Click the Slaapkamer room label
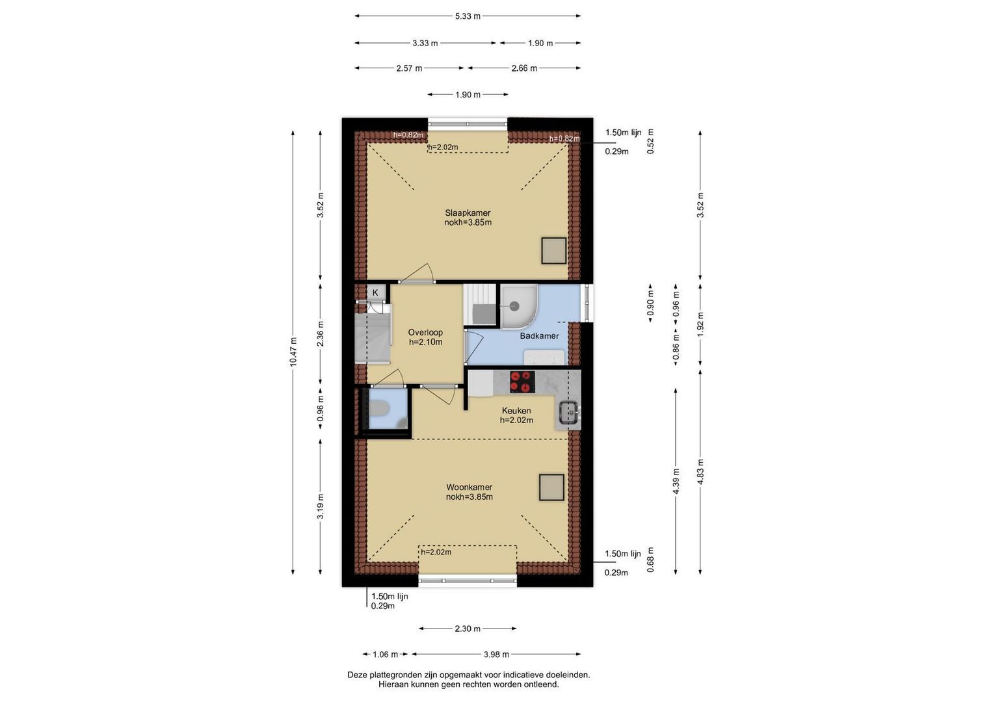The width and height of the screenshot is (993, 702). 468,213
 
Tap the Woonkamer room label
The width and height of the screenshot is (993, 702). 469,487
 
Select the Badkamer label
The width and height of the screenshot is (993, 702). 539,336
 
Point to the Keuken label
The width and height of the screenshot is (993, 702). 516,410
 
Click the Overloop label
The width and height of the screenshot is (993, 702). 425,332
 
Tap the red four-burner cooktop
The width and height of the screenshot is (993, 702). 522,382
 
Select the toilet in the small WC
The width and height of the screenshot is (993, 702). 378,408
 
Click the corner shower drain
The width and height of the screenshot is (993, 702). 514,305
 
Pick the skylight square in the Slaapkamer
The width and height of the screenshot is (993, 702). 553,251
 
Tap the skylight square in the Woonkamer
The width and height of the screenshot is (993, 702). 552,487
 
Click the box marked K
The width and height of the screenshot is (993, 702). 375,292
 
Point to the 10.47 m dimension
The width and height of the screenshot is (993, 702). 293,352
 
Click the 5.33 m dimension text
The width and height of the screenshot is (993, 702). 468,16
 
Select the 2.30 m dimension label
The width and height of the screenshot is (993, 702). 468,629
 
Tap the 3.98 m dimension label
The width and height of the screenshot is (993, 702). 496,654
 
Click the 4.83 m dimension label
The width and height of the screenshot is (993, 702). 700,472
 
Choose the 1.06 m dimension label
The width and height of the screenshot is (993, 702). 385,654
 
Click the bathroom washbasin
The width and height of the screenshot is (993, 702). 545,357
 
